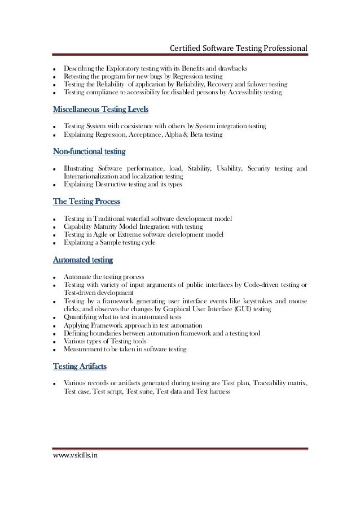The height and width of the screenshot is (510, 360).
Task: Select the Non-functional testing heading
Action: click(x=89, y=152)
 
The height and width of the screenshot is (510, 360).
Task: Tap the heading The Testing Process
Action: click(x=86, y=200)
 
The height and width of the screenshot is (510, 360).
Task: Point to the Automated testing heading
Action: click(x=82, y=260)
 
